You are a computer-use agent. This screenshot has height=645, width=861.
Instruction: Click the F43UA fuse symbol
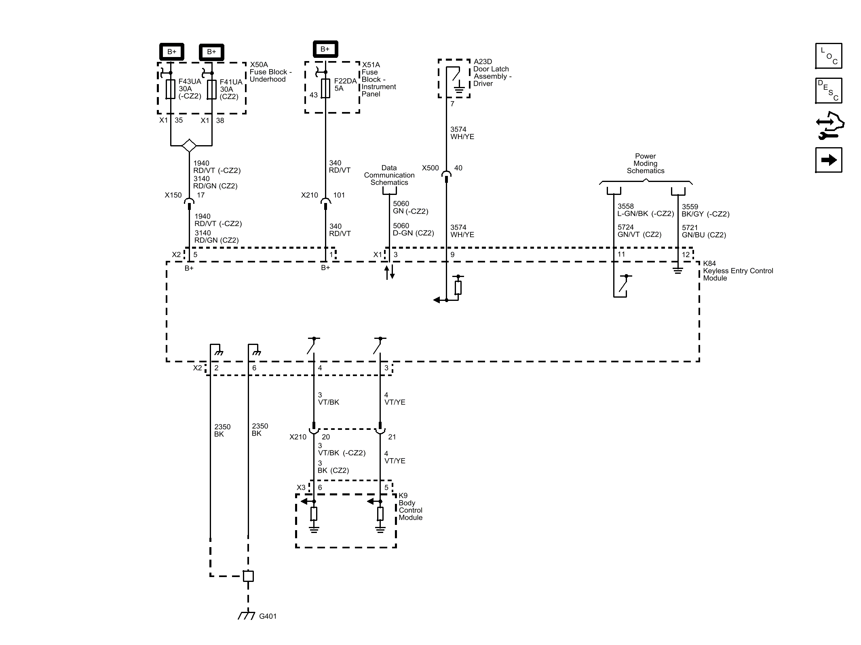click(x=171, y=89)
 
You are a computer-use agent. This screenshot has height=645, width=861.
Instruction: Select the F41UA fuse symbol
click(x=211, y=89)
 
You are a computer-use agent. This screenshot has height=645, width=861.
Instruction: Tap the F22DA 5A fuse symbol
click(x=326, y=88)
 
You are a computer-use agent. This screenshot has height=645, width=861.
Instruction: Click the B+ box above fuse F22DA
click(x=325, y=49)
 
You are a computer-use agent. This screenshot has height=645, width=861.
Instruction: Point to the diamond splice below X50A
click(x=189, y=146)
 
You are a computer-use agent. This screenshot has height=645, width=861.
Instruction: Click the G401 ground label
click(x=268, y=616)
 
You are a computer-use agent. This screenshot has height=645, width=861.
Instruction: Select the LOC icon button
click(x=829, y=56)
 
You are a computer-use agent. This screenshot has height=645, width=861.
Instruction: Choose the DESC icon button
click(x=829, y=91)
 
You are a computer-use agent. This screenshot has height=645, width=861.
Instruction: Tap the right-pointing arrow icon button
click(x=829, y=160)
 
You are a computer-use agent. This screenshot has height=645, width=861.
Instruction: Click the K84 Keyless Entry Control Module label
click(x=737, y=271)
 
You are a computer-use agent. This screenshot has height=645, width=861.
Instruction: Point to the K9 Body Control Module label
click(x=410, y=506)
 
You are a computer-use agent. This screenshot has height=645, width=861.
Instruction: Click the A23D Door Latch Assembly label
click(x=492, y=73)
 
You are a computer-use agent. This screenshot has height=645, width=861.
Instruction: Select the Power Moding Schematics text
click(x=645, y=163)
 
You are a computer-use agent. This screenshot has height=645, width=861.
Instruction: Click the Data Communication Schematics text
click(x=389, y=175)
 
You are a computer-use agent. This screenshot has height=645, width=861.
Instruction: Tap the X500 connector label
click(x=430, y=168)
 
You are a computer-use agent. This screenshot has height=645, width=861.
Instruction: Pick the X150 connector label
click(x=173, y=195)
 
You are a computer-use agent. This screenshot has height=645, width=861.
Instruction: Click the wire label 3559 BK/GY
click(x=705, y=210)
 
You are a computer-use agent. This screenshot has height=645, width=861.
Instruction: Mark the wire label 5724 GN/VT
click(x=639, y=231)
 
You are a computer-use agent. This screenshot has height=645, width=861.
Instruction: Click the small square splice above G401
click(x=248, y=576)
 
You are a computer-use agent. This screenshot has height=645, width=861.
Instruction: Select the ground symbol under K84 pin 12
click(x=678, y=270)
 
